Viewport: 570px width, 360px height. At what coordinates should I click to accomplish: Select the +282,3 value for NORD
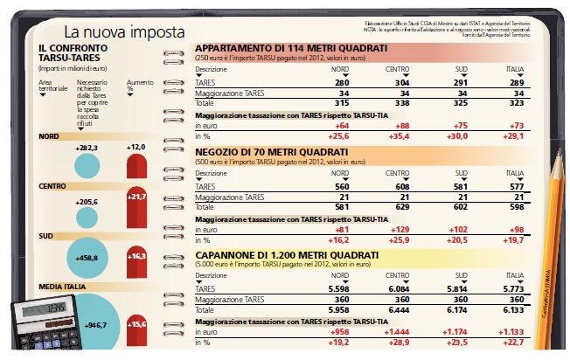click(x=87, y=149)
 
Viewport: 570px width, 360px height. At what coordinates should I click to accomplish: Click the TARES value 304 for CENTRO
click(x=400, y=81)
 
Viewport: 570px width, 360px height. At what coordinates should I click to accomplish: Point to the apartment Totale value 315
click(x=342, y=102)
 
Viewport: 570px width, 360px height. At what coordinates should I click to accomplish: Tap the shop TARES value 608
click(x=400, y=186)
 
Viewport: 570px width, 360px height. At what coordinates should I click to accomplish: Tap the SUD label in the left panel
click(x=48, y=236)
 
